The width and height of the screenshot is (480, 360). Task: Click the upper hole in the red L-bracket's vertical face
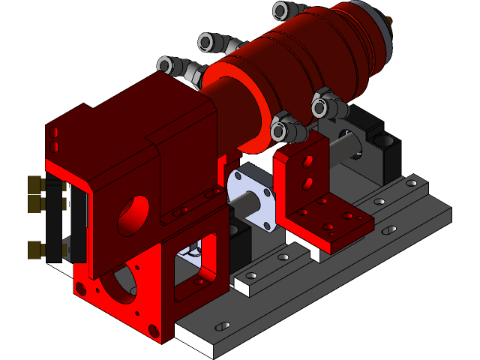click(307, 161)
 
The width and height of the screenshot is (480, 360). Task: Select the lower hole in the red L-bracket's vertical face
click(307, 182)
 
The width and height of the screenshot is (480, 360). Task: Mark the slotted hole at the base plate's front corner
click(223, 327)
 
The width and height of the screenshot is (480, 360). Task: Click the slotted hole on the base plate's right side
click(390, 231)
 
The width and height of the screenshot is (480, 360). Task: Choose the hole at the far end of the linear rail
click(410, 182)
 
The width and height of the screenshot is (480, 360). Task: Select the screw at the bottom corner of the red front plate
click(154, 329)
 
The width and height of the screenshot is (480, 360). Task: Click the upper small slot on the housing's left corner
click(53, 132)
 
